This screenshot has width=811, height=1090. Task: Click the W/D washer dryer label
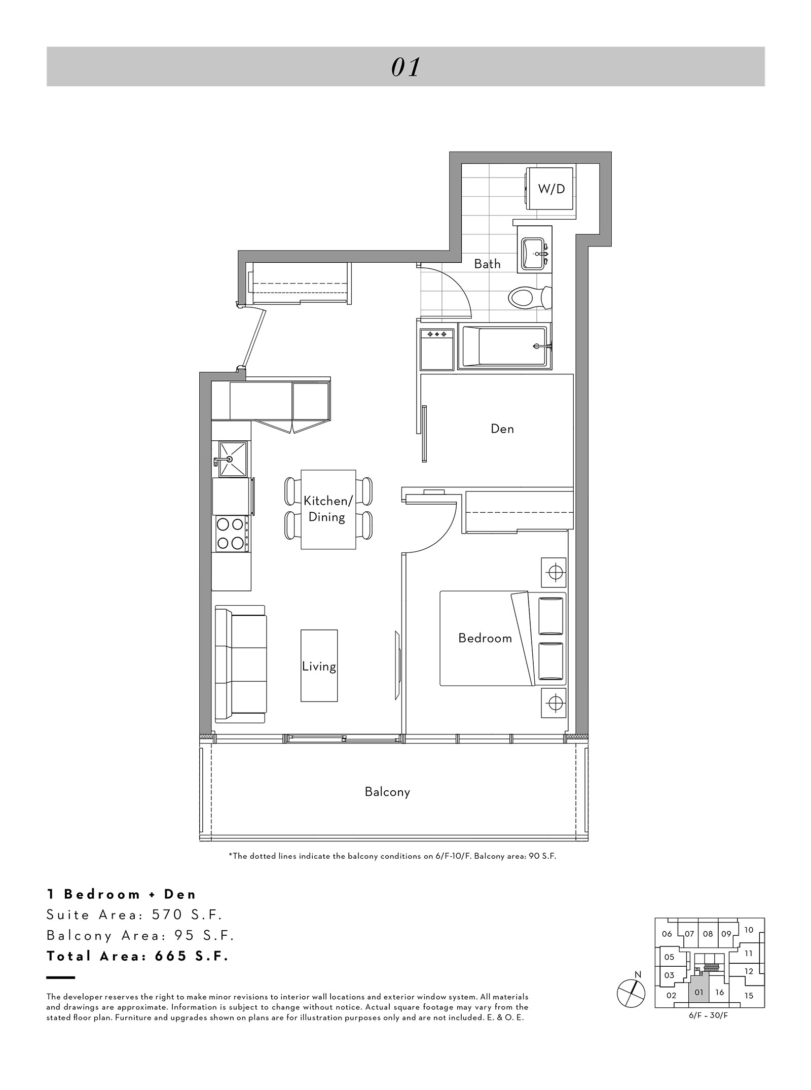[x=551, y=189]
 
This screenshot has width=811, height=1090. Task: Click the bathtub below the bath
[x=504, y=347]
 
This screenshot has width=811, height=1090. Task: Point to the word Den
[x=502, y=429]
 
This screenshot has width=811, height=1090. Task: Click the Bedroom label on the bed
[x=485, y=638]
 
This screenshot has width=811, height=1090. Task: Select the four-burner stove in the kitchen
[x=231, y=534]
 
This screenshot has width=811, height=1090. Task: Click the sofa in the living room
[x=240, y=664]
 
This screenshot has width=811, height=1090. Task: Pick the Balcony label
[x=387, y=792]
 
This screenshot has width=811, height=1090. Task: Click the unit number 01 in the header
[x=405, y=67]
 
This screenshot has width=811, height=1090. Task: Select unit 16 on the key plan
[x=720, y=993]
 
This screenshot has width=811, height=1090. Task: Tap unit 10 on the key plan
[x=749, y=930]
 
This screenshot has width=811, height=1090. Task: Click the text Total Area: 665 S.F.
[x=138, y=956]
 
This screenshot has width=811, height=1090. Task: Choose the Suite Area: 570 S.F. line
[x=135, y=915]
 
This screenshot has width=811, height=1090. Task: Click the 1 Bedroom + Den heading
[x=121, y=894]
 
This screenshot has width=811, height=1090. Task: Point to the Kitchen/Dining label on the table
[x=327, y=509]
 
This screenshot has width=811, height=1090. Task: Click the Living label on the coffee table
[x=319, y=666]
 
